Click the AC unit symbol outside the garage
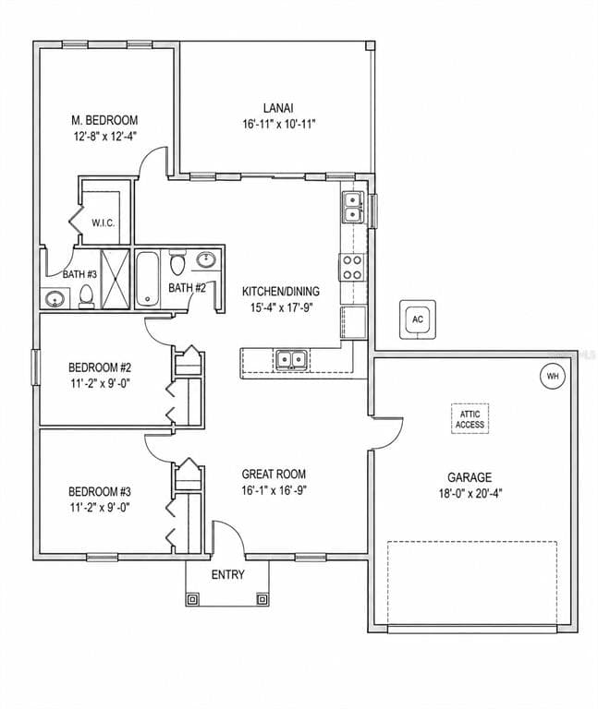point(418,319)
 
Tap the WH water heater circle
point(553,377)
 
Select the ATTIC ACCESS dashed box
point(470,419)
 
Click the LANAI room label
point(278,108)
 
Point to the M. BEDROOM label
point(104,120)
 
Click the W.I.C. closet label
point(104,222)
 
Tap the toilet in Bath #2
point(177,262)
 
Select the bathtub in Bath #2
point(148,279)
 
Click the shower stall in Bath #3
point(115,279)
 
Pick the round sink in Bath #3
point(55,299)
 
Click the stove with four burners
point(352,267)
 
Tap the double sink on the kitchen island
point(291,360)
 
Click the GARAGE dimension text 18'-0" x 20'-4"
point(470,493)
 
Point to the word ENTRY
point(228,575)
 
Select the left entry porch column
point(192,599)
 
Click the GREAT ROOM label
point(274,474)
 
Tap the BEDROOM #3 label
point(100,491)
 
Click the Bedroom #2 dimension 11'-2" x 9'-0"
point(100,383)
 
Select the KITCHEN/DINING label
point(281,291)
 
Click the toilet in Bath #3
point(86,295)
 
